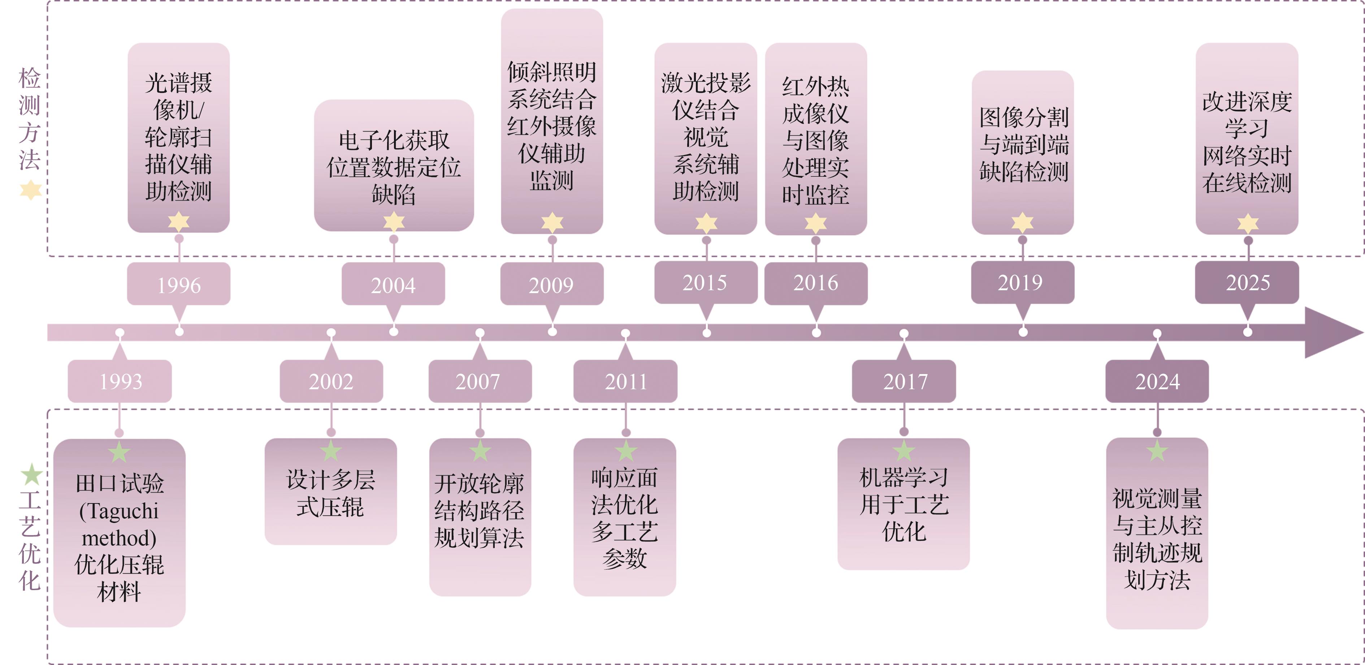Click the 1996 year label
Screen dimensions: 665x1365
tap(179, 285)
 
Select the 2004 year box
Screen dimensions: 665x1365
tap(393, 285)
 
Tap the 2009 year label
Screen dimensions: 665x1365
tap(552, 285)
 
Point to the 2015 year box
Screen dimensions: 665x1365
tap(705, 283)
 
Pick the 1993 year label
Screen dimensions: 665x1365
tap(120, 381)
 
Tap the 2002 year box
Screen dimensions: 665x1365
tap(331, 381)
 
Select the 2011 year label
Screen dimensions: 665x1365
tap(625, 381)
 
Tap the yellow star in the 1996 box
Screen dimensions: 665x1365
tap(179, 221)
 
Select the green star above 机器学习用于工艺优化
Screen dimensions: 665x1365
tap(903, 451)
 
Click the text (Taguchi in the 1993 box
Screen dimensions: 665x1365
tap(119, 511)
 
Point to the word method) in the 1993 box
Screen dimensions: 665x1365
tap(119, 538)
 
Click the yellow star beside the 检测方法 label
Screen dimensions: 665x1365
tap(31, 190)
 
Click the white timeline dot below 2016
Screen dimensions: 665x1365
tap(816, 332)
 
